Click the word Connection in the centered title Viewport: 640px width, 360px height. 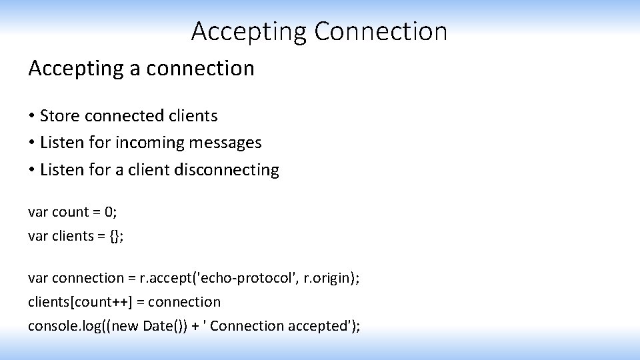click(381, 31)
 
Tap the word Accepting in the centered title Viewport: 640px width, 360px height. click(249, 31)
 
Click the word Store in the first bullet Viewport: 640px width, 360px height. click(57, 116)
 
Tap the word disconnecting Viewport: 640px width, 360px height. click(227, 169)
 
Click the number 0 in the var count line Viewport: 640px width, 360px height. click(108, 212)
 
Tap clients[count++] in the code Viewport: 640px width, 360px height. click(79, 302)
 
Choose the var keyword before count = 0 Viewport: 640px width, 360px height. click(37, 212)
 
